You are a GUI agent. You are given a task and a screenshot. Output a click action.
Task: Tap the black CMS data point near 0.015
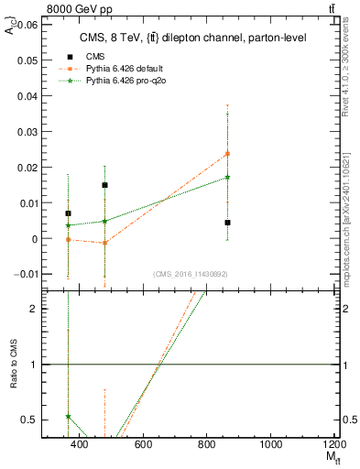(x=105, y=185)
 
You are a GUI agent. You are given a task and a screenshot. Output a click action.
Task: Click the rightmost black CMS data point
(x=227, y=223)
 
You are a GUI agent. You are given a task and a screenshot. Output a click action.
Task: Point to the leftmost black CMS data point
(x=68, y=213)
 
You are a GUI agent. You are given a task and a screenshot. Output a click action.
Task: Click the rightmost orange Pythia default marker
(x=227, y=153)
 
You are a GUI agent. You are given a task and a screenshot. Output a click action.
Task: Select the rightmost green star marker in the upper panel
(x=227, y=178)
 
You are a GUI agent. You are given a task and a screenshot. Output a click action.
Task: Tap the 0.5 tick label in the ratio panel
(x=30, y=420)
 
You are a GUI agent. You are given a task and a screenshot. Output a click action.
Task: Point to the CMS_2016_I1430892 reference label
(x=190, y=274)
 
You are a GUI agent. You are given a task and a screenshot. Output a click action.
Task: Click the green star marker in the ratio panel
(x=68, y=416)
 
